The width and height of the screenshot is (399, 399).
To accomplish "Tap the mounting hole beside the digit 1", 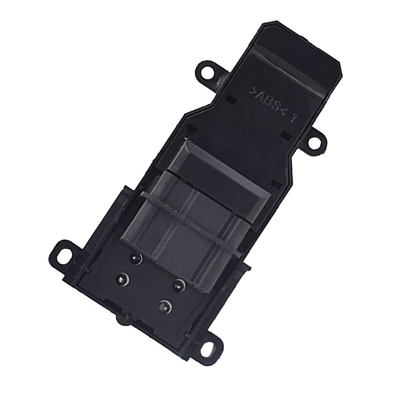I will pyautogui.click(x=315, y=142).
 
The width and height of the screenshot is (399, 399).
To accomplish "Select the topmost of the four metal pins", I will pyautogui.click(x=135, y=258).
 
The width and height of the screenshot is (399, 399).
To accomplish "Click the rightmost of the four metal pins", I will pyautogui.click(x=179, y=284).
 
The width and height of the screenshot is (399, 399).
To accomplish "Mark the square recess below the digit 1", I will pyautogui.click(x=286, y=135).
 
